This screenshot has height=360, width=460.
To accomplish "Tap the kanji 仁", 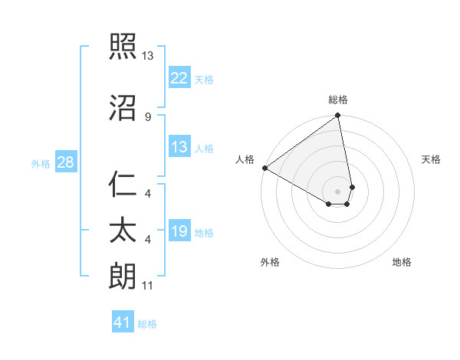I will (x=123, y=185).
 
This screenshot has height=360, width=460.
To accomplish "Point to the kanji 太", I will (x=123, y=231).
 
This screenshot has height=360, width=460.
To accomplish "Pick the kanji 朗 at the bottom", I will (x=123, y=275).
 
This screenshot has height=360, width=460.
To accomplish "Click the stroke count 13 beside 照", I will (x=148, y=57).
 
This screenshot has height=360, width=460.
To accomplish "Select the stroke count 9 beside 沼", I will (x=148, y=116).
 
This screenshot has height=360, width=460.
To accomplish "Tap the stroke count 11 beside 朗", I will (x=148, y=286).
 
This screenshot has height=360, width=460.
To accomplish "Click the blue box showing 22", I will (x=179, y=77).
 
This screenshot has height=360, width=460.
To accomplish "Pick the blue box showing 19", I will (x=179, y=231).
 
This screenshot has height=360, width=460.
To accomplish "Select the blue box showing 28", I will (x=65, y=162).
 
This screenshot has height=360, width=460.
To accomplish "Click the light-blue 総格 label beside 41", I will (x=147, y=324).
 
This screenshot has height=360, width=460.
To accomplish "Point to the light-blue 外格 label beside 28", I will (x=41, y=163).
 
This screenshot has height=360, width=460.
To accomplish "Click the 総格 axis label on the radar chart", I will (x=338, y=100).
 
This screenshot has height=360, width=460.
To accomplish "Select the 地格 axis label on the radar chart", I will (x=402, y=262).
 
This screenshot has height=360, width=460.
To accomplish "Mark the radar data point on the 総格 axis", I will (x=338, y=116).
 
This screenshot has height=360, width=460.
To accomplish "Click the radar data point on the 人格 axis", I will (x=264, y=168).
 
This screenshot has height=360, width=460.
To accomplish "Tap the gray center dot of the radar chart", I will (x=338, y=191).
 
